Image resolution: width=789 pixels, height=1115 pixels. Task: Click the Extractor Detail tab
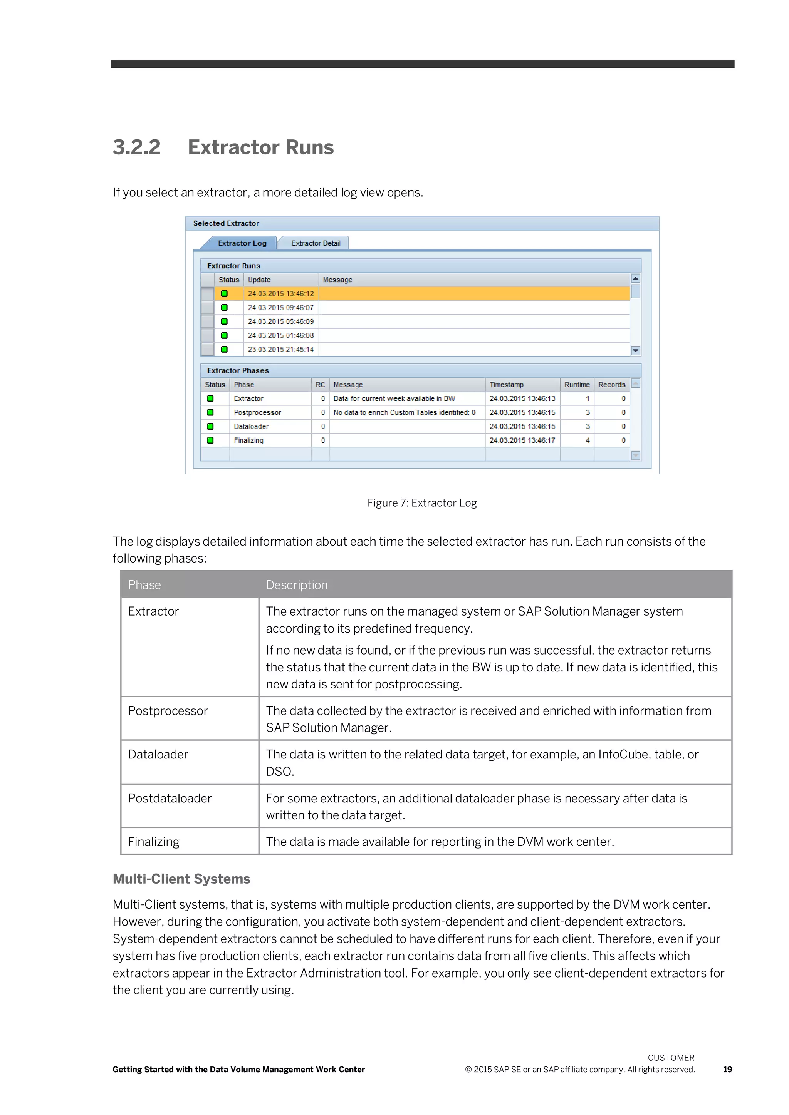point(316,243)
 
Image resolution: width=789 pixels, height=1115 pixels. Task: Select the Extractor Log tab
point(242,243)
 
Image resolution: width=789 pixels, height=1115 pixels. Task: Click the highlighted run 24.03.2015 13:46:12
point(281,294)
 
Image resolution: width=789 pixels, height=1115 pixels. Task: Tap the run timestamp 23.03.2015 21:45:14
point(281,350)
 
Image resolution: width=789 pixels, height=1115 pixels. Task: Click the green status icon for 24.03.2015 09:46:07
point(224,308)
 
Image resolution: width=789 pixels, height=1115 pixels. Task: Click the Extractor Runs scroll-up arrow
point(635,279)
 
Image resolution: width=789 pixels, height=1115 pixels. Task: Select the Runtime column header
point(577,385)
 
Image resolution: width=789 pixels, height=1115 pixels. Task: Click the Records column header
point(612,385)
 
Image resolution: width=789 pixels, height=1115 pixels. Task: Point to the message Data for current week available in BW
point(394,399)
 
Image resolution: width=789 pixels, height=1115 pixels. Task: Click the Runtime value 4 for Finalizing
point(588,440)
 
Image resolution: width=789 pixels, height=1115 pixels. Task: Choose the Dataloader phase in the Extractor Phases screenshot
point(251,426)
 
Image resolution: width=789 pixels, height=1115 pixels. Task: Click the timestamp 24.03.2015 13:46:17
point(522,440)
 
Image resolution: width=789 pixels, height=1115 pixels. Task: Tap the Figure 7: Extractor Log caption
point(422,503)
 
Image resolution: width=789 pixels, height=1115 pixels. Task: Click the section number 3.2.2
point(136,147)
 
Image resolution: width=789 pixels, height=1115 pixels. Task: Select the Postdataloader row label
point(170,799)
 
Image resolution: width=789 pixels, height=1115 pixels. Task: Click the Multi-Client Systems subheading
point(181,879)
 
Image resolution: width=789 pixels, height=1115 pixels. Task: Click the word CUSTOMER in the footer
point(671,1058)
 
